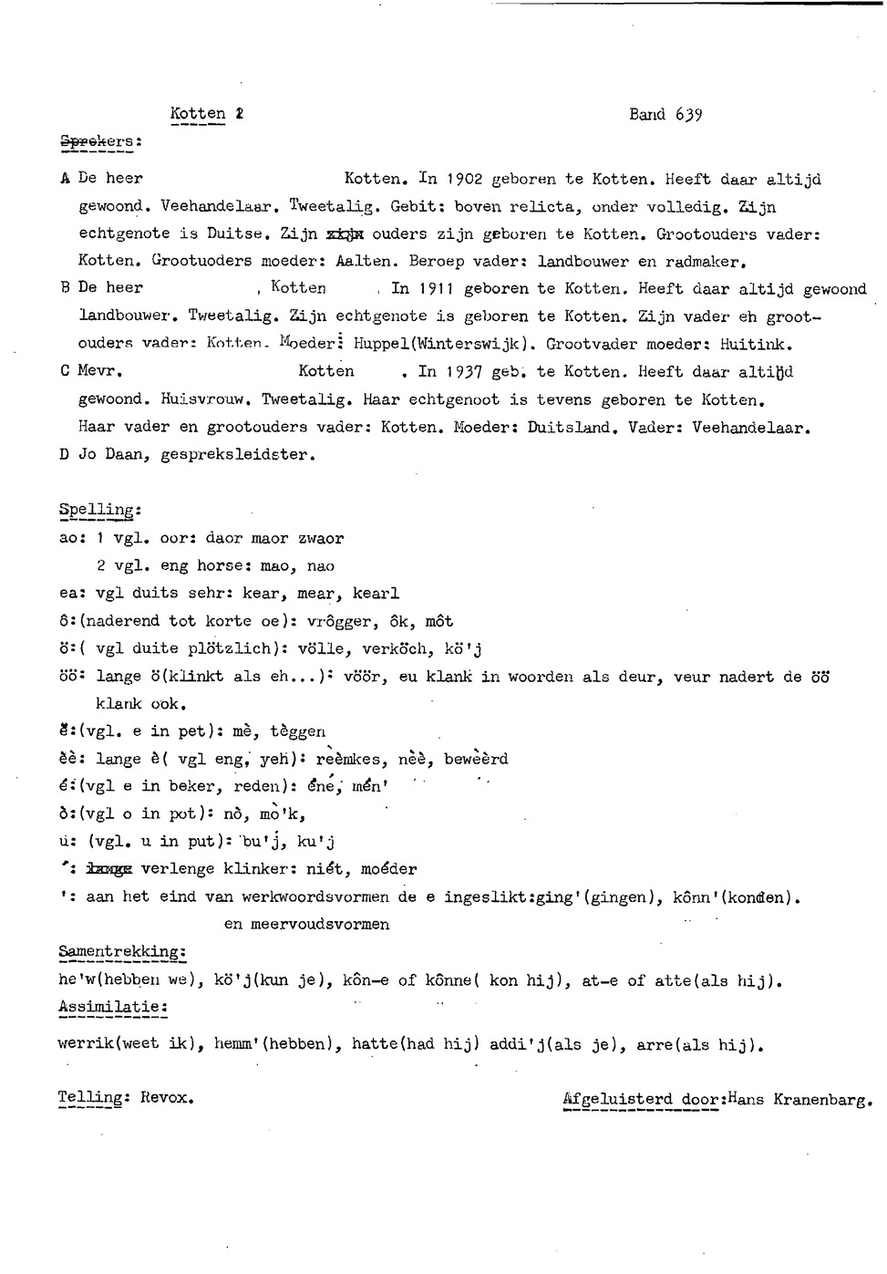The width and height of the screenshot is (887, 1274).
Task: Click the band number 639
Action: click(x=688, y=115)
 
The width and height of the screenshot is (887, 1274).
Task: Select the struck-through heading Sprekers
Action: click(x=100, y=141)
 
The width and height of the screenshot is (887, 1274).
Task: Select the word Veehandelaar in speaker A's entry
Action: click(x=220, y=206)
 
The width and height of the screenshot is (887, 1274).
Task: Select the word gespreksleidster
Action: click(x=237, y=454)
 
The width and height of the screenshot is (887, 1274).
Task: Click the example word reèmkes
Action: click(x=352, y=759)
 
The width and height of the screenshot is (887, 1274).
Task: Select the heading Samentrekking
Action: click(x=121, y=952)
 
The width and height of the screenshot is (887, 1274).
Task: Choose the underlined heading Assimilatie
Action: click(x=112, y=1007)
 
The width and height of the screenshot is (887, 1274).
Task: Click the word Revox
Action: click(x=167, y=1098)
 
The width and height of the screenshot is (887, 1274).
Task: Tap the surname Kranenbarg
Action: click(x=822, y=1100)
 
